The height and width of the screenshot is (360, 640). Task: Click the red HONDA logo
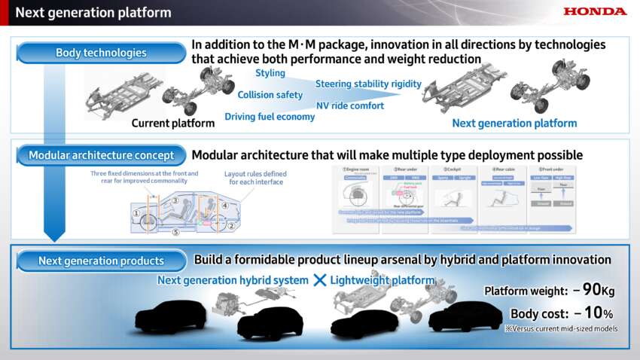(595, 11)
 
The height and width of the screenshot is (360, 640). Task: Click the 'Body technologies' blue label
(101, 53)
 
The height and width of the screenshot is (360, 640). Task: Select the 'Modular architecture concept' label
(101, 156)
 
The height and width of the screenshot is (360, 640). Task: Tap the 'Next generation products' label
(101, 261)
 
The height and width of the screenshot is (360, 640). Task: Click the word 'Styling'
(270, 73)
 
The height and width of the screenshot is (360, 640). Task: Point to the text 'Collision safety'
(270, 95)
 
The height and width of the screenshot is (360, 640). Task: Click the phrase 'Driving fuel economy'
(270, 117)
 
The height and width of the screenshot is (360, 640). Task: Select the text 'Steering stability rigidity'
(368, 84)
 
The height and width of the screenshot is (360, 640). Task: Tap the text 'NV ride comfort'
(350, 106)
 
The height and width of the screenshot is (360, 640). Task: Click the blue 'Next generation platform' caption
(514, 123)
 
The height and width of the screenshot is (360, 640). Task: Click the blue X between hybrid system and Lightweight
(319, 280)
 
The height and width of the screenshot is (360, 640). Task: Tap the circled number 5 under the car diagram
(175, 232)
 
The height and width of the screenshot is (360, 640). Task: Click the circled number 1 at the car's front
(136, 213)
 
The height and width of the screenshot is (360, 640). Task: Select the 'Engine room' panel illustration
(355, 193)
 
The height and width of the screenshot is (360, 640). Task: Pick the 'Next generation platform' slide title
(93, 12)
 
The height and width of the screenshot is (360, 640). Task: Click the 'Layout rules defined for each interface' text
(255, 178)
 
